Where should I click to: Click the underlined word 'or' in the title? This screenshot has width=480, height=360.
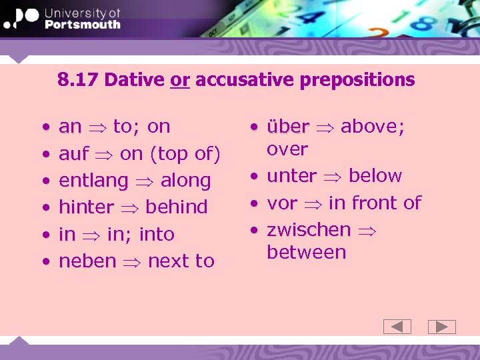180,81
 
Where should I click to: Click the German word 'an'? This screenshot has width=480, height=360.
70,127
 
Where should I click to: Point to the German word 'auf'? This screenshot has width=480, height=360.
73,154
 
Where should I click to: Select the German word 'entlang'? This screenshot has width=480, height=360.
93,181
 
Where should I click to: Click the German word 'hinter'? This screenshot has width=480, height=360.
86,207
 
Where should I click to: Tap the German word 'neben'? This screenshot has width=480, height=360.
87,261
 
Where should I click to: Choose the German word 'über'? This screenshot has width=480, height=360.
287,127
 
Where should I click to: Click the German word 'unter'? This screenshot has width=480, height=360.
291,176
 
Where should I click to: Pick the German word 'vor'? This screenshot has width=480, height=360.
281,203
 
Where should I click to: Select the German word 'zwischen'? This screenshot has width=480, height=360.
308,230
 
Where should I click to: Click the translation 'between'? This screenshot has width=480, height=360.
306,253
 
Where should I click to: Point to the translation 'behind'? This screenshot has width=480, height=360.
176,207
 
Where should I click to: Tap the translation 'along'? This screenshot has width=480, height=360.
185,181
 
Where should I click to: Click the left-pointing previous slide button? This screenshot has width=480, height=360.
397,327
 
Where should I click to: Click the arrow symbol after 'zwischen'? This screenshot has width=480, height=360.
367,231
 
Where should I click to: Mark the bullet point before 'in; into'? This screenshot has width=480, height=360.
45,235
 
